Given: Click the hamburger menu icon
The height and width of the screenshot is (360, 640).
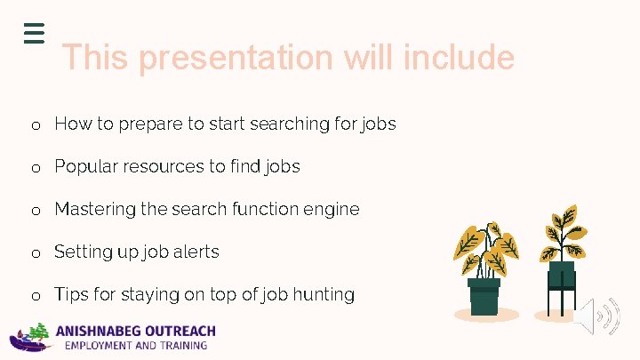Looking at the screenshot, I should [34, 32].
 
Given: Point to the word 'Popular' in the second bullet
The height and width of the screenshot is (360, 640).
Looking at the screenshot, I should [84, 166].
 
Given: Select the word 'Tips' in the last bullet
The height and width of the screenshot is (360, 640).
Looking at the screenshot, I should [71, 294].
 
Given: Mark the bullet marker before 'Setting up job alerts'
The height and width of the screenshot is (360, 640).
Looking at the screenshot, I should [36, 253].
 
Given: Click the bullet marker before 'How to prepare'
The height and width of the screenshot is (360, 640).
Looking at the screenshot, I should [36, 125].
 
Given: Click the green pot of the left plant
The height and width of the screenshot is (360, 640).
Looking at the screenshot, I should [484, 297].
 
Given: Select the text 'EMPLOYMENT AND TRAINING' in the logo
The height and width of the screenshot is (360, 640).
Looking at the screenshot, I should [131, 345].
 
